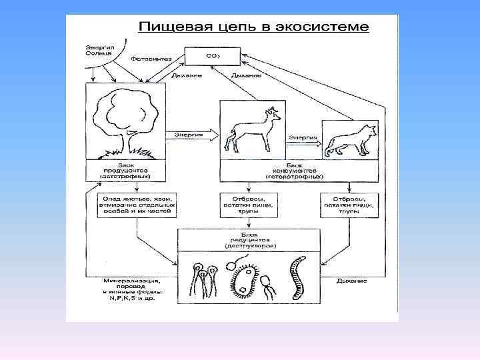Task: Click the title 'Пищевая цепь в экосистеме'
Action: point(253,28)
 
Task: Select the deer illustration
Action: point(251,130)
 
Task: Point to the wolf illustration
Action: point(349,141)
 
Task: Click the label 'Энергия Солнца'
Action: point(99,51)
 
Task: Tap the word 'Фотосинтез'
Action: point(150,59)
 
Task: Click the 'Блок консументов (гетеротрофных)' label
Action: point(295,172)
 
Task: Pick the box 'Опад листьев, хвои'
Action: point(137,205)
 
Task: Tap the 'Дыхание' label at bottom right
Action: point(351,282)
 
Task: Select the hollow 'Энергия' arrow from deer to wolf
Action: point(305,141)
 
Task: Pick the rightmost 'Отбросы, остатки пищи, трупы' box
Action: point(349,205)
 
